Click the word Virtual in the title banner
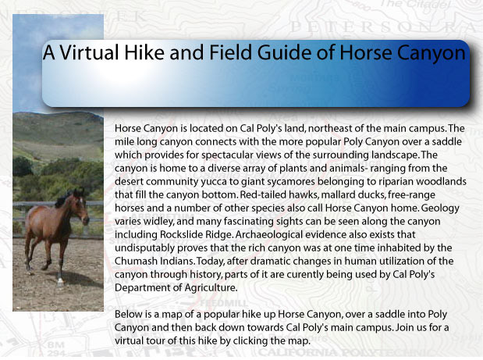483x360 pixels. (x=89, y=52)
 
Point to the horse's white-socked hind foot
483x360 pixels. (x=60, y=280)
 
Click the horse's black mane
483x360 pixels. (x=65, y=198)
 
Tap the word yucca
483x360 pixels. (x=215, y=182)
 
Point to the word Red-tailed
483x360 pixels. (x=263, y=194)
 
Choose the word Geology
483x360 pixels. (x=440, y=209)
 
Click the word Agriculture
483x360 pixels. (x=211, y=288)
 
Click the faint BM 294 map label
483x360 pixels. (x=56, y=349)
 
